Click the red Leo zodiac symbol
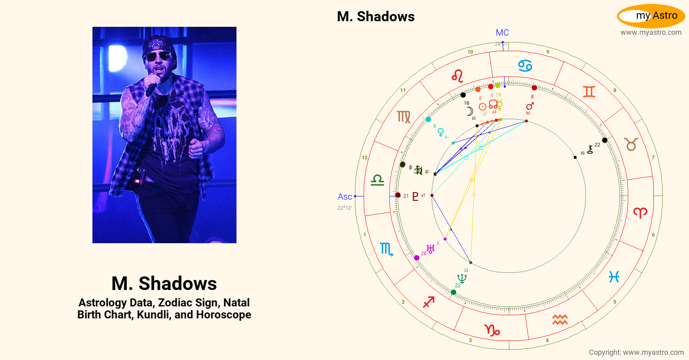pos(458,76)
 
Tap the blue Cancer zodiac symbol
pos(525,66)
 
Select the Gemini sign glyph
pos(589,92)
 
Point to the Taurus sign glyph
pos(631,144)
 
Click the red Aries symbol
pos(640,212)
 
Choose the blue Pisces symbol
pos(614,277)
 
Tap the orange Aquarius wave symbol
pos(560,319)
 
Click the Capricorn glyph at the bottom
pos(492,330)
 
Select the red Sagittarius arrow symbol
pos(429,302)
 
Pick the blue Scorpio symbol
pos(386,249)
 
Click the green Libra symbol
pos(377,180)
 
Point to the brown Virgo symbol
pos(404,117)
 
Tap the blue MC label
pos(502,33)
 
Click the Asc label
pos(344,197)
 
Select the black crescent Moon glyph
pos(470,111)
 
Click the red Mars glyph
pos(530,106)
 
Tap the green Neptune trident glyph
pos(462,278)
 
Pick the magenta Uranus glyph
pos(431,249)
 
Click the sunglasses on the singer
pos(159,56)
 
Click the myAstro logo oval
pos(651,16)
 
